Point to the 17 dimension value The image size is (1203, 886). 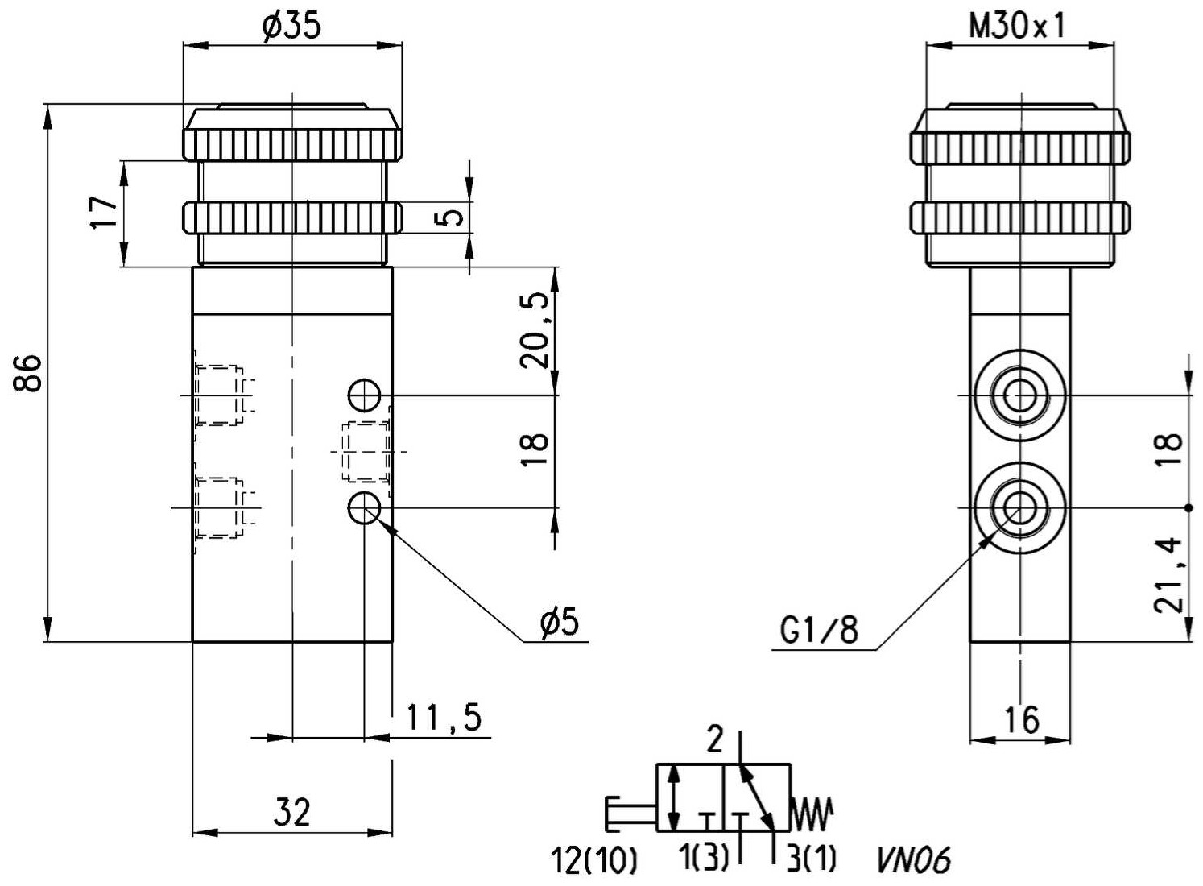tap(104, 212)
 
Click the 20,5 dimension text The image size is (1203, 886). tap(535, 330)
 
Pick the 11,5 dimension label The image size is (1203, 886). tap(444, 718)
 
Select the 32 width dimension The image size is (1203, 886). tap(292, 812)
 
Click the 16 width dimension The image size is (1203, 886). tap(1021, 719)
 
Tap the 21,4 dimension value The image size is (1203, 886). tap(1168, 574)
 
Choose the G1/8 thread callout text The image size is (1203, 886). tap(819, 630)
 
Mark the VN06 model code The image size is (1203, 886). tap(913, 861)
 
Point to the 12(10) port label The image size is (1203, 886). tap(593, 861)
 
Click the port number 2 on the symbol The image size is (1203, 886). tap(715, 739)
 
